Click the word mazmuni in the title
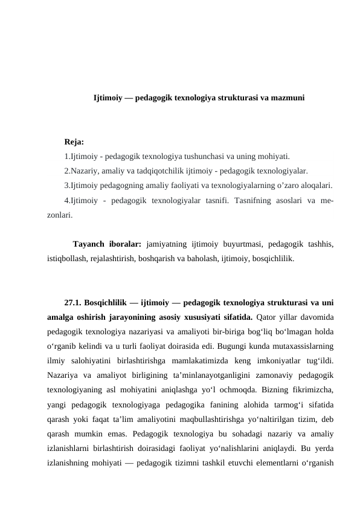(288, 97)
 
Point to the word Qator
(266, 317)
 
